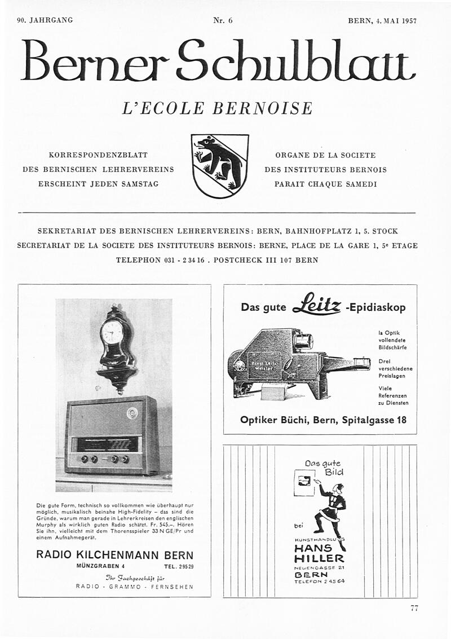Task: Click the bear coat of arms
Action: tap(219, 166)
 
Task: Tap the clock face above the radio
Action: tap(112, 332)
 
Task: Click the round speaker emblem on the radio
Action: tap(133, 413)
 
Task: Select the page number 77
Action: tap(414, 607)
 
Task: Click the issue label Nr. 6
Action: tap(223, 20)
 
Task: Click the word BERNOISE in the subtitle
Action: tap(262, 108)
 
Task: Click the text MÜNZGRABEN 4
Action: tap(100, 566)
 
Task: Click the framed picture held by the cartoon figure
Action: tap(303, 482)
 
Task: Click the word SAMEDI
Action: tap(359, 184)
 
